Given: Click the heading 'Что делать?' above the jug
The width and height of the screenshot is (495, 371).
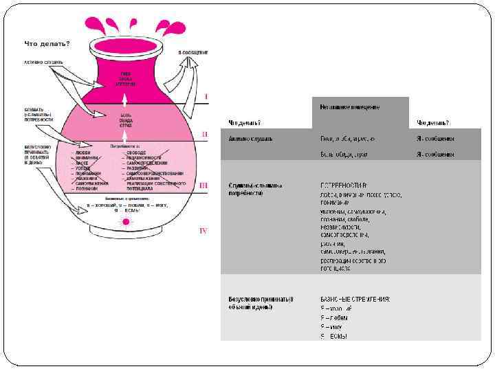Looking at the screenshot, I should (x=47, y=43).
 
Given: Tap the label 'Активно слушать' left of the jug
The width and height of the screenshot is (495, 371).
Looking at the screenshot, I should (x=44, y=63).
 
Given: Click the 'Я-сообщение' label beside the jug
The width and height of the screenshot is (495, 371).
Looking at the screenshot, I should (x=193, y=52).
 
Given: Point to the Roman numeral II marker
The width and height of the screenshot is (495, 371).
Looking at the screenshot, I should (x=204, y=134).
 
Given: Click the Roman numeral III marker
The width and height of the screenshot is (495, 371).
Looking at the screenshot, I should (x=203, y=185).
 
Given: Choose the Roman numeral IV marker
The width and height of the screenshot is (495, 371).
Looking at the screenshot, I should (x=203, y=230).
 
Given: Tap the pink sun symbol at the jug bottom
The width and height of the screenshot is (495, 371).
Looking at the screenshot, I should (x=126, y=222).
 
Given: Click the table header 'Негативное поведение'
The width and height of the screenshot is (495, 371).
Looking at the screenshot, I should (x=349, y=106).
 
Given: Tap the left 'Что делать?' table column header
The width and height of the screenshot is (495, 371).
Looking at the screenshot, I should (x=244, y=123).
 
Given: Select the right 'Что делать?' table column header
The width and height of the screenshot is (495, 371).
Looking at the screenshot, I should (x=433, y=123).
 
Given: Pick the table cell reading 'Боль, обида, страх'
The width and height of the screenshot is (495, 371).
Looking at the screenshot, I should (x=344, y=154).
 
